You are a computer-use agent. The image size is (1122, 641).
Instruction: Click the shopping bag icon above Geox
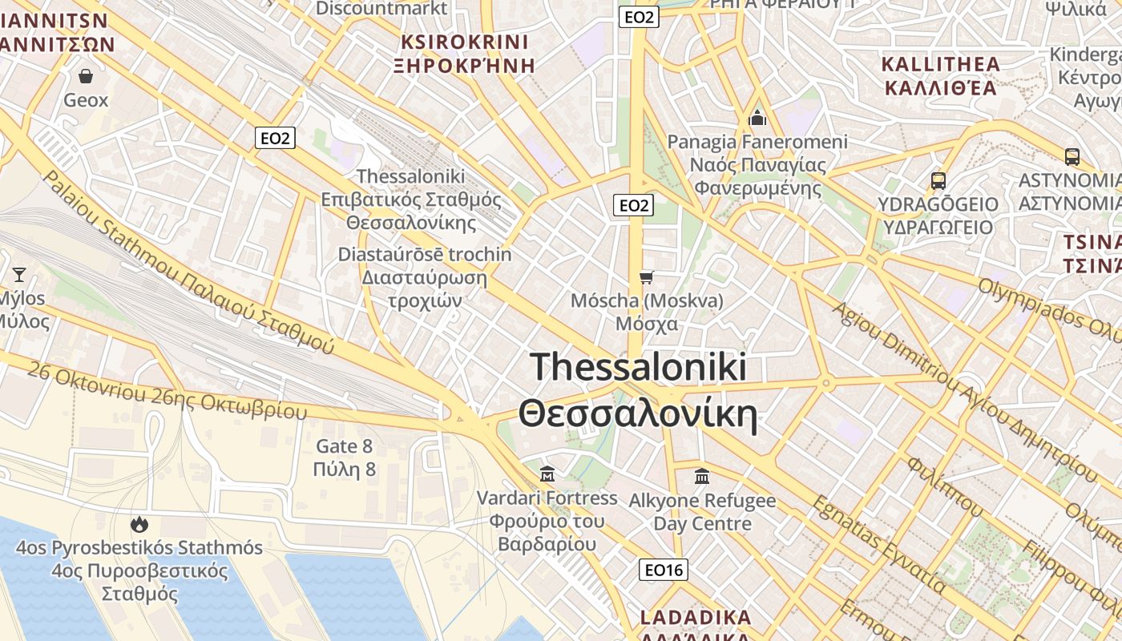pyautogui.click(x=86, y=76)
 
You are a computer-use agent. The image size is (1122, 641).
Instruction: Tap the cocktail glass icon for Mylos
pyautogui.click(x=19, y=275)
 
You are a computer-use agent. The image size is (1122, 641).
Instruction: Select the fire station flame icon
pyautogui.click(x=139, y=525)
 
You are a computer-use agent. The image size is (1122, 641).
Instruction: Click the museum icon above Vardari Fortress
pyautogui.click(x=547, y=474)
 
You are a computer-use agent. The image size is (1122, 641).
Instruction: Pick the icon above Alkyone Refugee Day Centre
pyautogui.click(x=702, y=477)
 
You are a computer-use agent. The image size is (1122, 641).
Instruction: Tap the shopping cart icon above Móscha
pyautogui.click(x=646, y=277)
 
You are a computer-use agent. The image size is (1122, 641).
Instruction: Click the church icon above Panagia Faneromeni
pyautogui.click(x=757, y=119)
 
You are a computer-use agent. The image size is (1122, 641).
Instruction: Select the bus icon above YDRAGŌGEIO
pyautogui.click(x=938, y=181)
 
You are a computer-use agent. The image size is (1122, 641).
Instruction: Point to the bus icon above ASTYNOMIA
pyautogui.click(x=1072, y=157)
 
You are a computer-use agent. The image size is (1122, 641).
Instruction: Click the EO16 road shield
pyautogui.click(x=664, y=570)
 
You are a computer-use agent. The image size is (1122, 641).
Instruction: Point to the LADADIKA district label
pyautogui.click(x=696, y=619)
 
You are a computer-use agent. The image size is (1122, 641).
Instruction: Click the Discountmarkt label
pyautogui.click(x=381, y=8)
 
